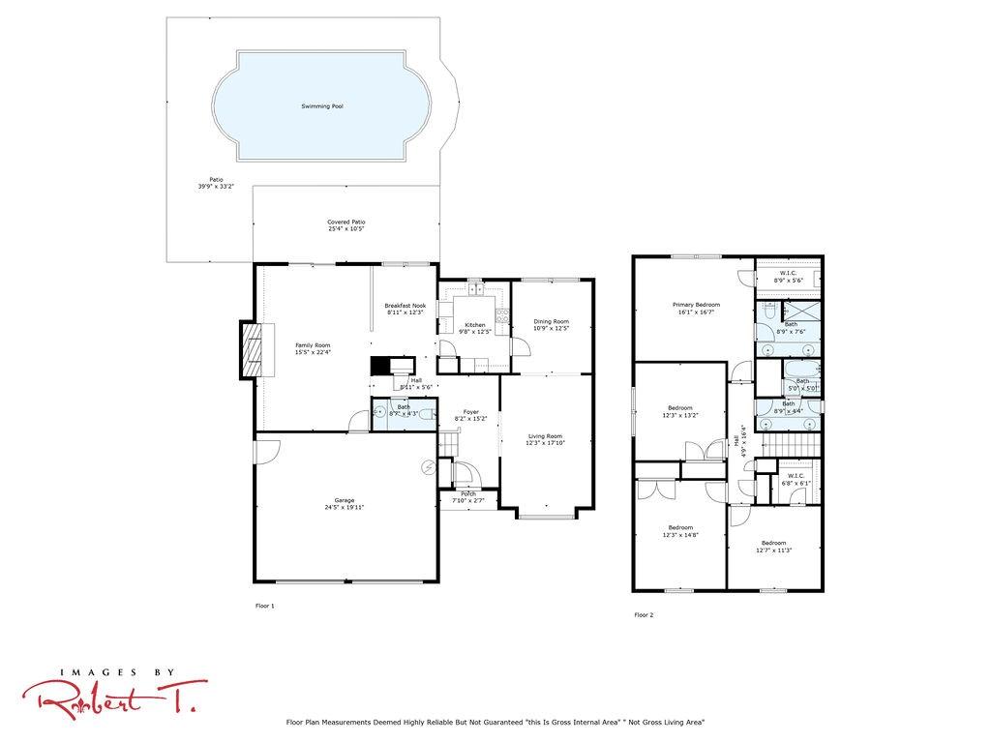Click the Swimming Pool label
[x=322, y=106]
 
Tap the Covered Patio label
[x=345, y=223]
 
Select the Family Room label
[x=313, y=345]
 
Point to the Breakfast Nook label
[x=405, y=306]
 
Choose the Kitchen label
[x=474, y=325]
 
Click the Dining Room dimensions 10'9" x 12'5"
[x=552, y=329]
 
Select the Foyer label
[x=470, y=412]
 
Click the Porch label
[x=468, y=494]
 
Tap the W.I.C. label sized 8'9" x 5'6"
[x=788, y=273]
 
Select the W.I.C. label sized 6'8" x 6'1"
[x=796, y=476]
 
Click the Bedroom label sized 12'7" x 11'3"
[x=773, y=543]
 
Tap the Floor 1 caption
[x=264, y=606]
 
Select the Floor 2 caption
[x=644, y=614]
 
